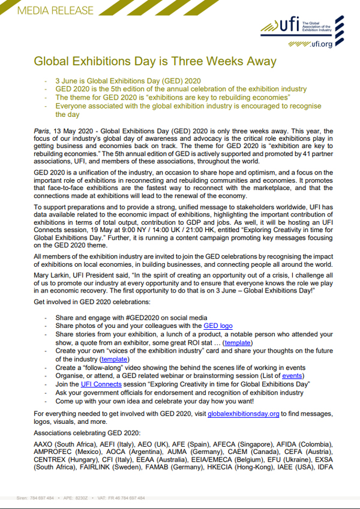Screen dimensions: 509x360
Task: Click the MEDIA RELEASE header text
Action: (49, 11)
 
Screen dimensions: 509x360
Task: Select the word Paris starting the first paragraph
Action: (43, 130)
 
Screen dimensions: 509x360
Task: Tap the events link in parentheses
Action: (292, 375)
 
